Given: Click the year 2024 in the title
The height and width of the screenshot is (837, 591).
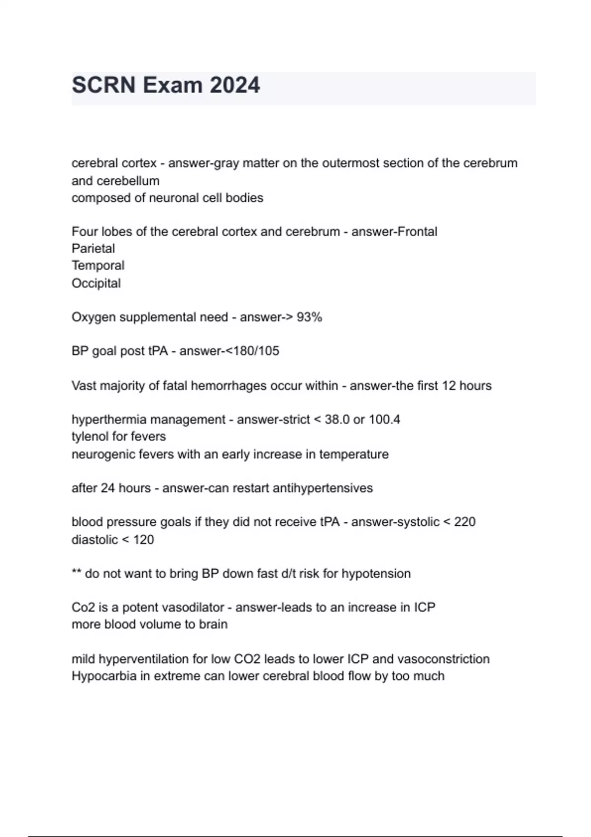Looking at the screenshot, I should click(x=234, y=85).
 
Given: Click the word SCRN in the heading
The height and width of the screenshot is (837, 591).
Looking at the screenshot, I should click(x=103, y=85).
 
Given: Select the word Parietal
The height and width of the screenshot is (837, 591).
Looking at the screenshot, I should click(x=93, y=249).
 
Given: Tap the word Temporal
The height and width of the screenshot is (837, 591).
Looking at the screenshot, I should click(x=98, y=265).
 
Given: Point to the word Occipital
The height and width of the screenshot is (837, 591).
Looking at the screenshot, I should click(x=96, y=284).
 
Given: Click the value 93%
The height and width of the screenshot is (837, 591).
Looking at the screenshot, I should click(x=309, y=318).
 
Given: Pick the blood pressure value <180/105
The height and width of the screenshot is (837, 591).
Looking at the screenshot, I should click(x=252, y=351).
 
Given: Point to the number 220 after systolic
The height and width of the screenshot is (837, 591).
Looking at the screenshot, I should click(x=464, y=522).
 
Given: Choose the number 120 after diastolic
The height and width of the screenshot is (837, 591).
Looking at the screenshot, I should click(x=143, y=540).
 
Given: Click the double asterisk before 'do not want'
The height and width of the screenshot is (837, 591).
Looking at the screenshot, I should click(x=76, y=573).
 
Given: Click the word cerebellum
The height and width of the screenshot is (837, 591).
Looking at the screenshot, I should click(x=128, y=181).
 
